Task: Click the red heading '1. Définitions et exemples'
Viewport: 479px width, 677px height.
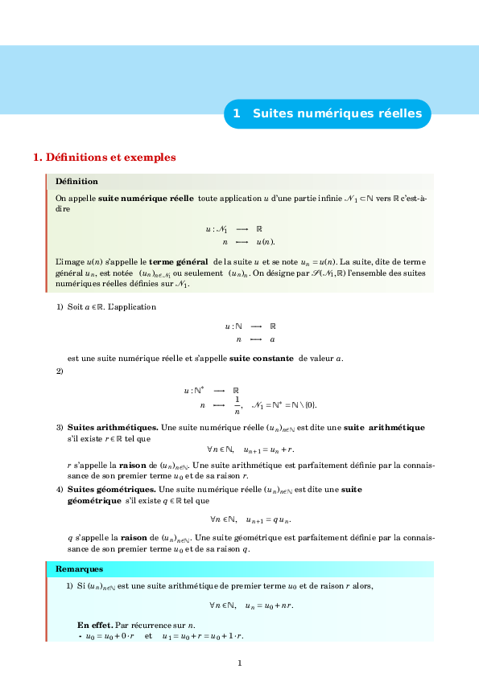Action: [104, 157]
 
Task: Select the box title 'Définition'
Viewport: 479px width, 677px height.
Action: [76, 182]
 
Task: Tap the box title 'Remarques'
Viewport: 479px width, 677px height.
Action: [79, 569]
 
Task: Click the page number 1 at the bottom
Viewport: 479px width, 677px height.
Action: [240, 663]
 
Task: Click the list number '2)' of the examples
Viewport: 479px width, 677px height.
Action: [60, 371]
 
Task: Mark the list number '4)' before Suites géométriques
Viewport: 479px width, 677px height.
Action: [60, 489]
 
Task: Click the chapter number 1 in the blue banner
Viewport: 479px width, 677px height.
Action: [237, 114]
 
